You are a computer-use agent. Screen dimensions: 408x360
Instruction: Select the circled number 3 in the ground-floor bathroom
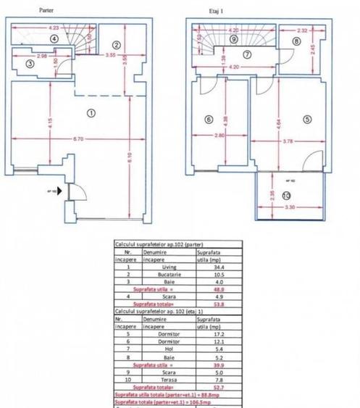pyautogui.click(x=29, y=64)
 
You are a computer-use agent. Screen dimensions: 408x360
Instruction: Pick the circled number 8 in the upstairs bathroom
pyautogui.click(x=297, y=41)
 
